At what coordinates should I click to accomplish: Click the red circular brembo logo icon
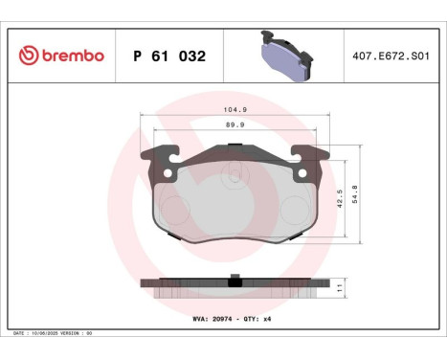coord(27,56)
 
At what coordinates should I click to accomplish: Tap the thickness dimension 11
coord(341,286)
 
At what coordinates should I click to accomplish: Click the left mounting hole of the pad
coord(168,173)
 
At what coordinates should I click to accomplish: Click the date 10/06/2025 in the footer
coord(48,334)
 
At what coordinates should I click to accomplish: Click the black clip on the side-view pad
coord(234,281)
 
